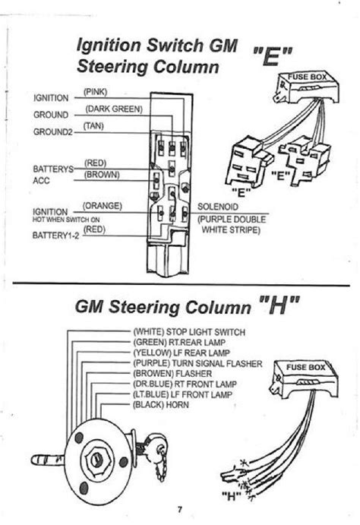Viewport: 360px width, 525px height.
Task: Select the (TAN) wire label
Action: click(94, 125)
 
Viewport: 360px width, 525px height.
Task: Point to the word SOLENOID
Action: click(219, 206)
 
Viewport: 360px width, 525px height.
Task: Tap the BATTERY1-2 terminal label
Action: click(53, 236)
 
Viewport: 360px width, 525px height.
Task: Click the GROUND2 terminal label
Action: click(52, 131)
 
